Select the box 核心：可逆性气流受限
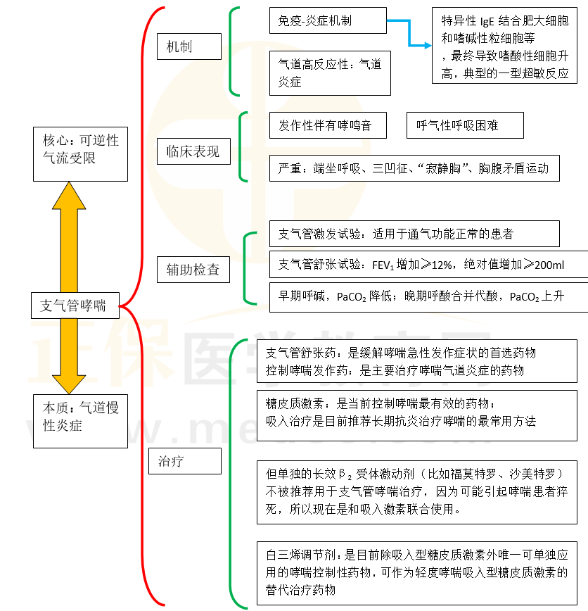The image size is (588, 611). [x=80, y=150]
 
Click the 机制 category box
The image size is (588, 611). [x=189, y=47]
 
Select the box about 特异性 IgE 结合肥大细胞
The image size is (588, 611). [x=505, y=47]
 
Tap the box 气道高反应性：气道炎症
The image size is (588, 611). [x=330, y=73]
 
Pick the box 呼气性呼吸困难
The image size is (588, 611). [x=465, y=125]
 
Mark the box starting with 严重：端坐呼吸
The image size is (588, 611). [x=414, y=169]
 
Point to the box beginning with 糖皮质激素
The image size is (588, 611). [x=420, y=412]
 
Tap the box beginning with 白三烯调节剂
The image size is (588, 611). [x=420, y=572]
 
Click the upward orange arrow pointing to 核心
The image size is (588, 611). [x=69, y=232]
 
